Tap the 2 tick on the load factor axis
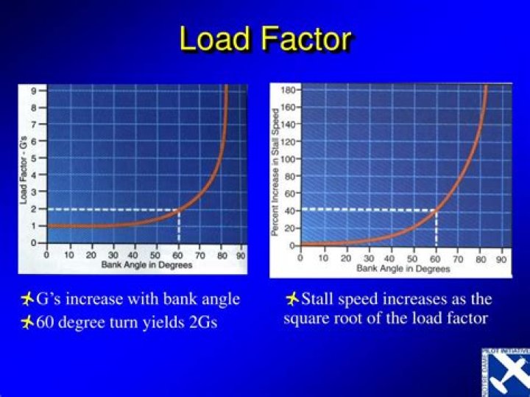[x=33, y=208]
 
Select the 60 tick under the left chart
[x=179, y=255]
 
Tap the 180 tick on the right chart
[x=289, y=91]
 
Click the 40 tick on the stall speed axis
[x=291, y=211]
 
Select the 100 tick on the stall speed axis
[x=289, y=159]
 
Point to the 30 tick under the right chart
[x=368, y=259]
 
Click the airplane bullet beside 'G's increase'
[x=27, y=299]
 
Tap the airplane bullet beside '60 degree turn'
[x=27, y=322]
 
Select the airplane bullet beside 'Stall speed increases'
[x=292, y=299]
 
